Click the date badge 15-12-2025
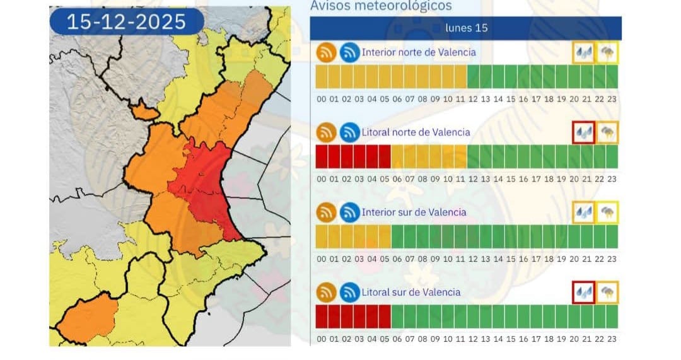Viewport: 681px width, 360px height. tap(126, 22)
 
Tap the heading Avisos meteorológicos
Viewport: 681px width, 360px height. tap(381, 6)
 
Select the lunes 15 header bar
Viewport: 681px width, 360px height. tap(466, 28)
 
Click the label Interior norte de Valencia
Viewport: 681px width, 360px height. tap(419, 52)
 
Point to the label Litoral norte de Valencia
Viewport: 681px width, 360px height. tap(416, 132)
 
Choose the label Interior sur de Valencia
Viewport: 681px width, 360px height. tap(414, 212)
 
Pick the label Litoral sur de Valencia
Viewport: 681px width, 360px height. tap(410, 293)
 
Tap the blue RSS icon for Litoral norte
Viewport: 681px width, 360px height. tap(349, 132)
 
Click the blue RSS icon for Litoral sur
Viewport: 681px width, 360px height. tap(349, 293)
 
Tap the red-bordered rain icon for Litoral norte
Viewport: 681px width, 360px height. tap(583, 132)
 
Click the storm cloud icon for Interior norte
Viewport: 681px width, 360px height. tap(608, 53)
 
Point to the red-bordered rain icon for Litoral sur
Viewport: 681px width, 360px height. tap(583, 293)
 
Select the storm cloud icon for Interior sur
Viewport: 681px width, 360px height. tap(608, 212)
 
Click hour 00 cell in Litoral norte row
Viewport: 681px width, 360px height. tap(322, 156)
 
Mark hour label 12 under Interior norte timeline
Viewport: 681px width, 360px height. tap(473, 99)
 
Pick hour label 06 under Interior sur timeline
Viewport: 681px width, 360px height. tap(397, 259)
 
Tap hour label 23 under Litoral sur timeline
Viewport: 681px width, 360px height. tap(612, 339)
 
